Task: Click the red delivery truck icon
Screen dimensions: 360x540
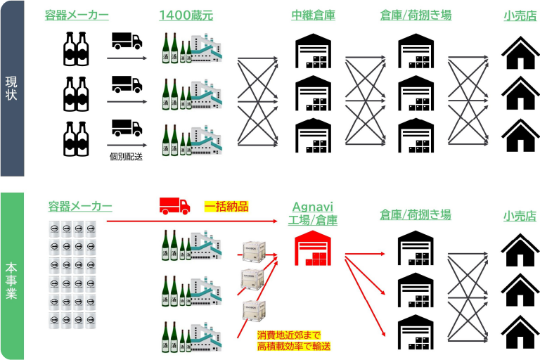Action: pos(174,206)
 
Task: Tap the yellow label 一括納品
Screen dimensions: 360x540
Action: pos(226,207)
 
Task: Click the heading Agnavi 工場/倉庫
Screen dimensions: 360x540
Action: pos(313,213)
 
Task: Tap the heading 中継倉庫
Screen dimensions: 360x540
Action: pos(313,15)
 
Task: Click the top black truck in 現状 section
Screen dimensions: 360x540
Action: pos(127,41)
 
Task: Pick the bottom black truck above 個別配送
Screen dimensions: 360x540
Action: pos(127,128)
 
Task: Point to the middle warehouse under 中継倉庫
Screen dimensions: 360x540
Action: pos(313,94)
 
